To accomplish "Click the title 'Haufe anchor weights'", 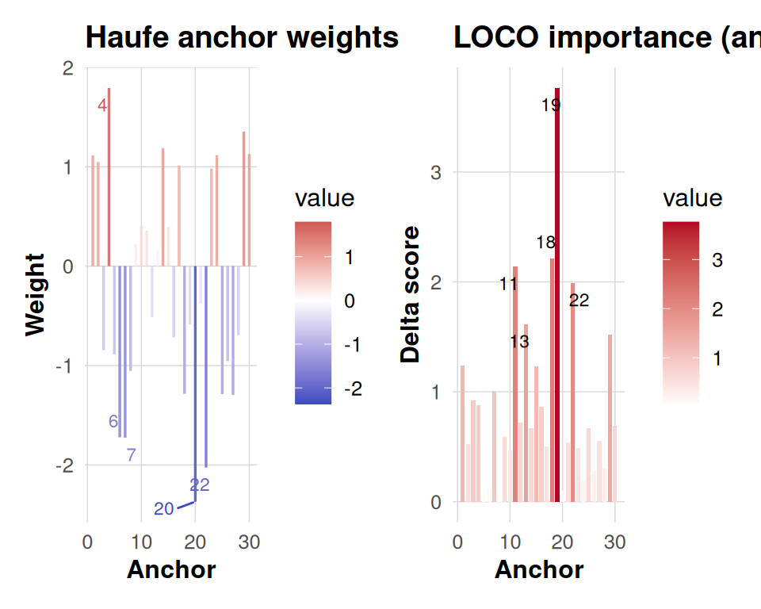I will [x=242, y=37].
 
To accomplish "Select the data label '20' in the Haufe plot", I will [x=163, y=509].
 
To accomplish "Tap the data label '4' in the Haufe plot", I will [x=102, y=105].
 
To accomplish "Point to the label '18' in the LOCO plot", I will [x=545, y=243].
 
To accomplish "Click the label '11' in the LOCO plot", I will [x=509, y=284].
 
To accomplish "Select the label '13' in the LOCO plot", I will [x=519, y=342].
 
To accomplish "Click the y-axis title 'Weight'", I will [x=36, y=294].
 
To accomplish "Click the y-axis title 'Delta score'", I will [x=411, y=294].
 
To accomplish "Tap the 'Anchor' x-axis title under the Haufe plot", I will [x=171, y=569].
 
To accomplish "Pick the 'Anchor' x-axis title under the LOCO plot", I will [x=539, y=569].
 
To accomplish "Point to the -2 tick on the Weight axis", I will [x=64, y=465].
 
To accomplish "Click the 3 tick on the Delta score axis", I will [x=436, y=172].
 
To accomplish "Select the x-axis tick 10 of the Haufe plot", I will [x=140, y=542].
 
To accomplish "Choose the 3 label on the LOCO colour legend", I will [x=717, y=261].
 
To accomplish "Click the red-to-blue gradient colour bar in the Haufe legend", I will [x=313, y=312].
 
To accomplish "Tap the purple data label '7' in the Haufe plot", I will [x=131, y=455].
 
